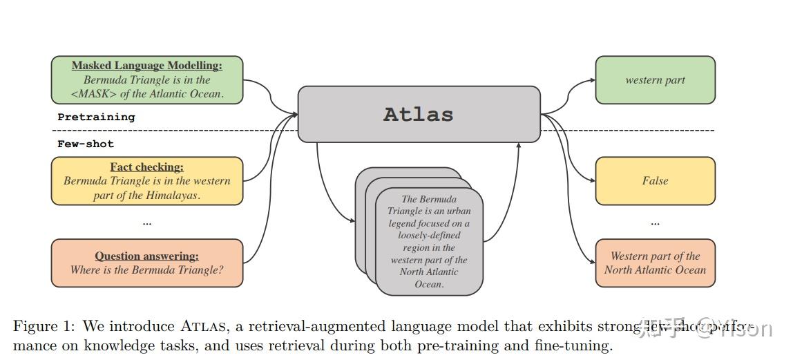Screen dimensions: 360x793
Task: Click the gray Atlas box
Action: click(419, 114)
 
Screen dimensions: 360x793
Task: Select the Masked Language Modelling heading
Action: click(147, 66)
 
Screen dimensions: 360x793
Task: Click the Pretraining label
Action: click(96, 117)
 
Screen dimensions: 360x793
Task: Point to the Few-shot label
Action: click(85, 144)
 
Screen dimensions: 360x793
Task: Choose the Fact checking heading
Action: click(146, 167)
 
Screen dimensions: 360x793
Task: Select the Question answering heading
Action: click(146, 256)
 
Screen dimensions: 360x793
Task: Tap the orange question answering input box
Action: click(147, 263)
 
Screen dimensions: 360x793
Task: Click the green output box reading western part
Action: click(655, 80)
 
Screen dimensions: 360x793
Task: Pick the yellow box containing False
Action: click(655, 181)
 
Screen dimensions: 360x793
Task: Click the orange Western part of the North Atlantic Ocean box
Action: click(655, 263)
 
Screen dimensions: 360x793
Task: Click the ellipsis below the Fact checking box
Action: click(146, 222)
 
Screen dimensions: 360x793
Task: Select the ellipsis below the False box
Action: click(655, 222)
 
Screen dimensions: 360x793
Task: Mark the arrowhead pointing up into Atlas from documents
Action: click(519, 146)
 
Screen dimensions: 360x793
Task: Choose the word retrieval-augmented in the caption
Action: click(333, 326)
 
